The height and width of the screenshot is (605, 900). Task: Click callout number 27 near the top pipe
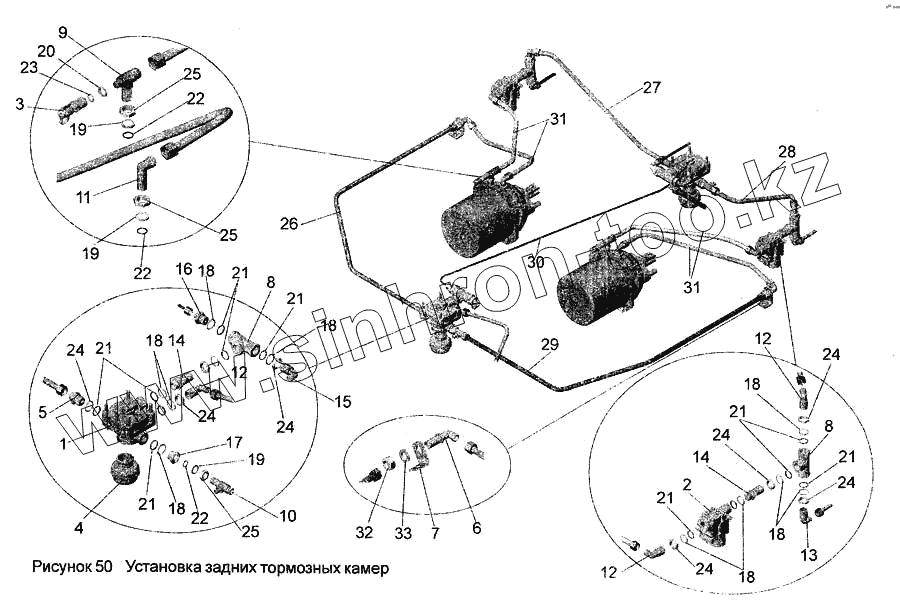(652, 87)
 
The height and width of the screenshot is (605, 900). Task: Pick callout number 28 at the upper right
(786, 152)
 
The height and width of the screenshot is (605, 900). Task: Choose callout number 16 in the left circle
(183, 269)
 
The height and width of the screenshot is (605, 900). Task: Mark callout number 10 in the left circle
(287, 517)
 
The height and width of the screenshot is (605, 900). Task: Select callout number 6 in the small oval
(476, 501)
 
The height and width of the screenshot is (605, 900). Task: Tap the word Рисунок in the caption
(63, 567)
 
